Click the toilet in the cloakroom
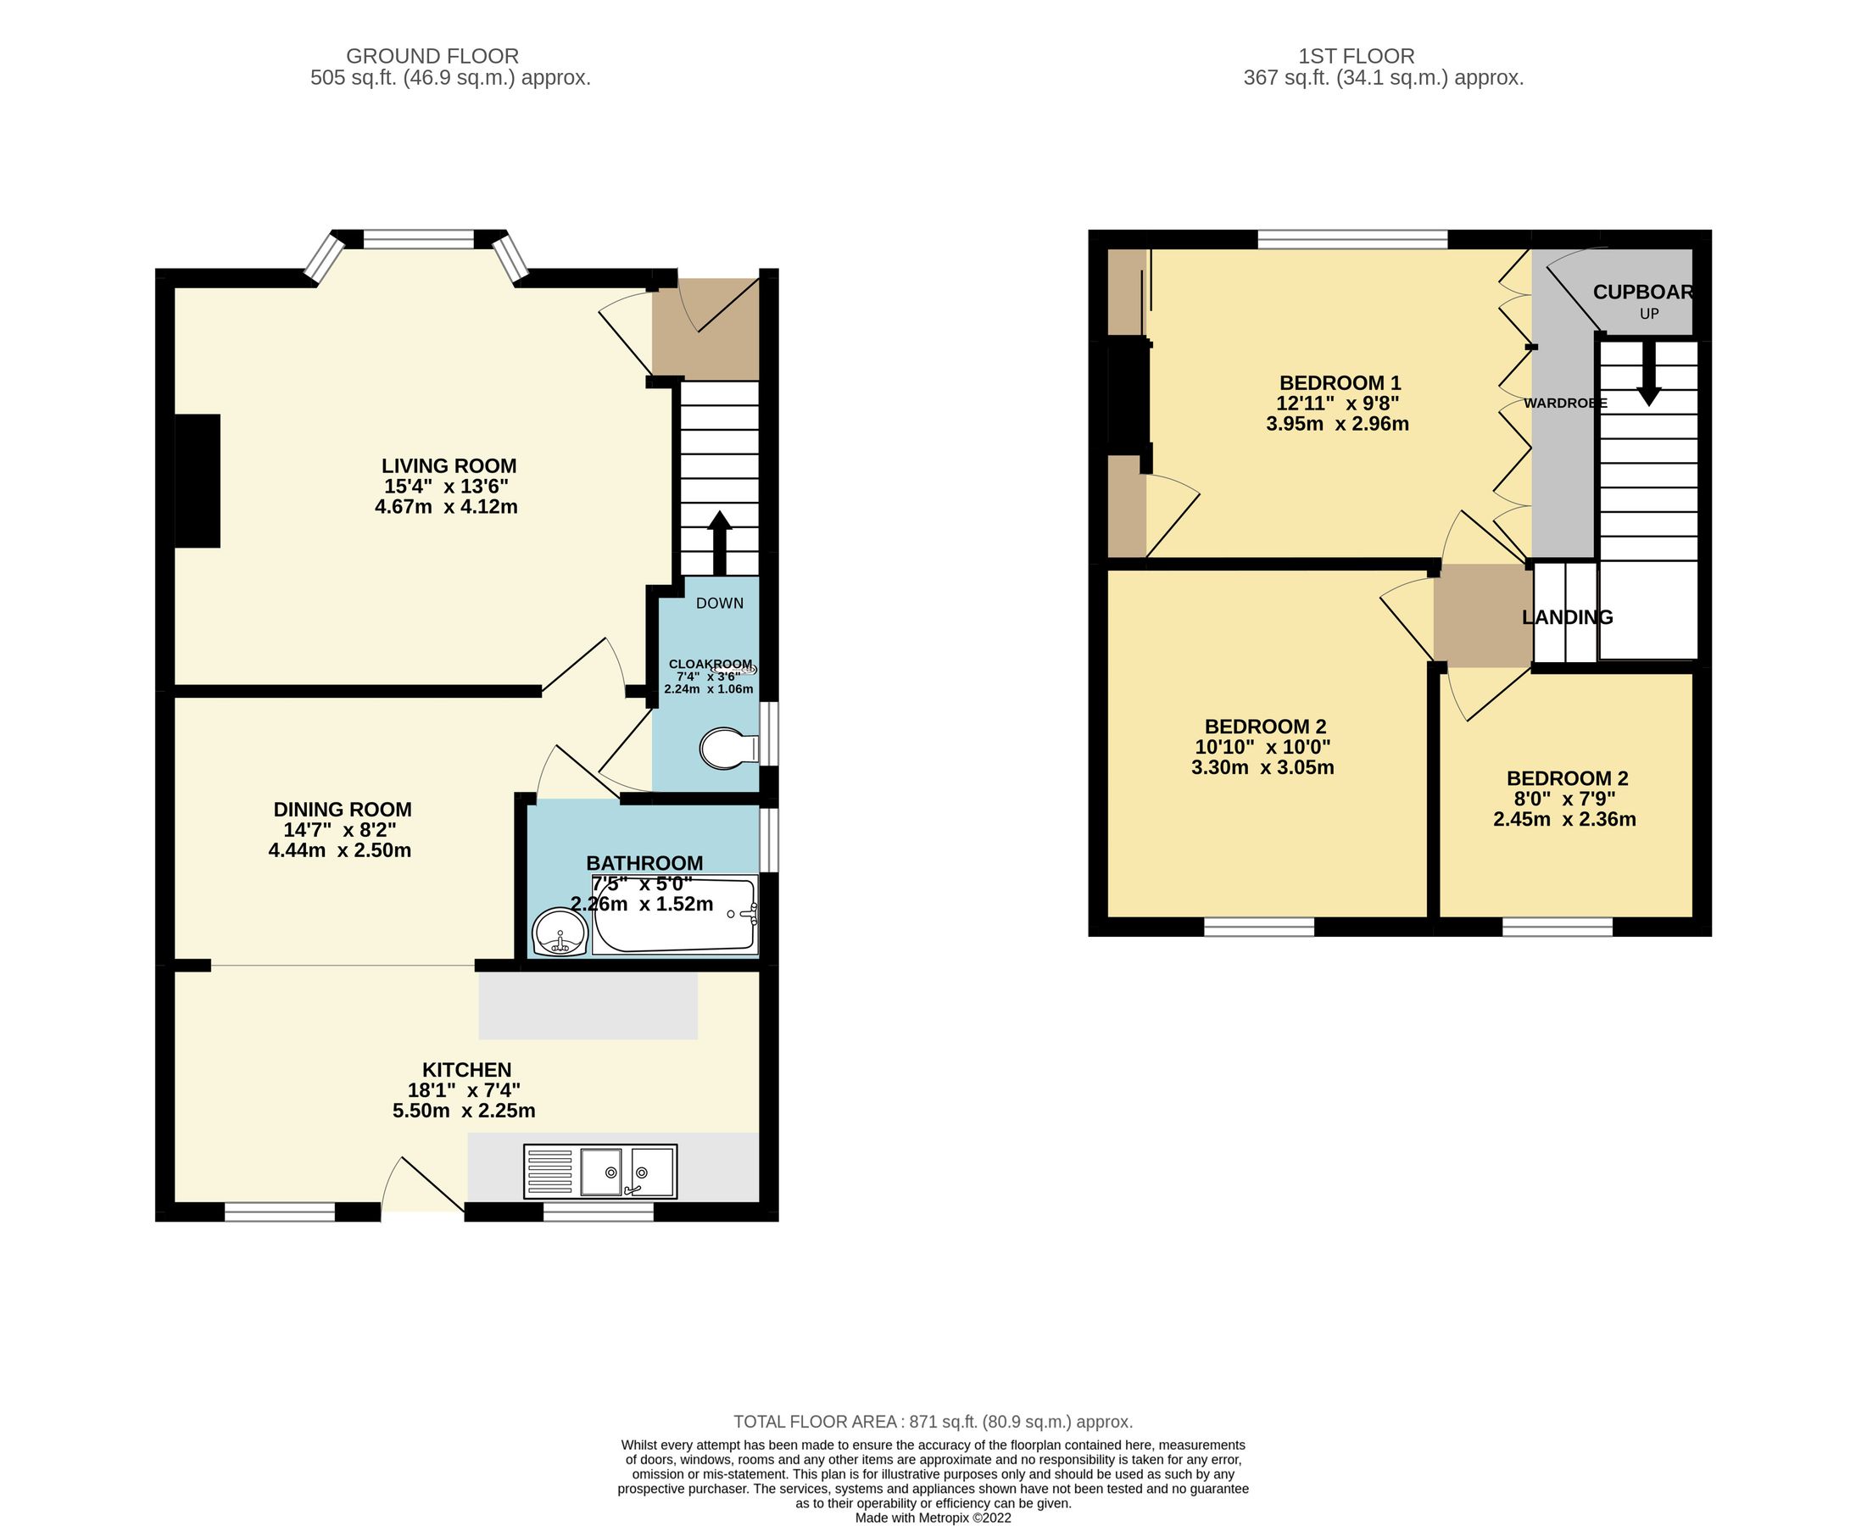(x=728, y=749)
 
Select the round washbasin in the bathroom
(x=559, y=932)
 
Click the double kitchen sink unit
(x=600, y=1171)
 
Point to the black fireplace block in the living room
(x=197, y=481)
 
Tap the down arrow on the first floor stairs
(x=1648, y=373)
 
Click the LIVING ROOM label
(x=449, y=466)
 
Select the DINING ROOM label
(x=342, y=810)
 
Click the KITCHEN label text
(x=465, y=1070)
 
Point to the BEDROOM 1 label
(x=1340, y=383)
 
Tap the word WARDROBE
(x=1564, y=404)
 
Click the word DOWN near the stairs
(x=719, y=603)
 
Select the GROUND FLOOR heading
(x=432, y=56)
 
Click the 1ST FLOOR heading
(x=1356, y=56)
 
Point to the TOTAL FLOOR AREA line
(x=933, y=1422)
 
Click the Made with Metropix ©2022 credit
(x=933, y=1518)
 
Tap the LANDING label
(x=1566, y=617)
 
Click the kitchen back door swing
(x=422, y=1187)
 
